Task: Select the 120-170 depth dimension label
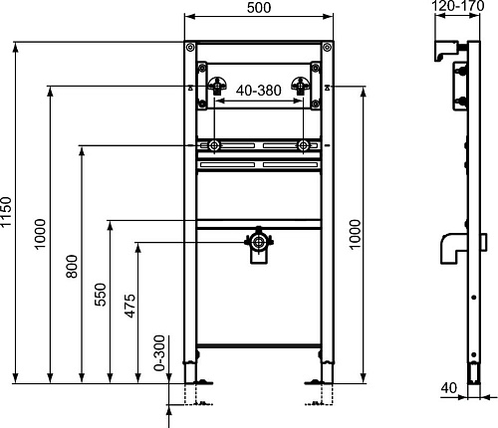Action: [x=457, y=8]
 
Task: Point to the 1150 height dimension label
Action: [x=8, y=214]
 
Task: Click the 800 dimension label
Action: [x=73, y=267]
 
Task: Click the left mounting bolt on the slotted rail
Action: [x=213, y=147]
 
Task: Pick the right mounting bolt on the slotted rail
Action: [x=302, y=147]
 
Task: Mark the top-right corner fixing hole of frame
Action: [x=325, y=48]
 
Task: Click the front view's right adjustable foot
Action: [x=320, y=378]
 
